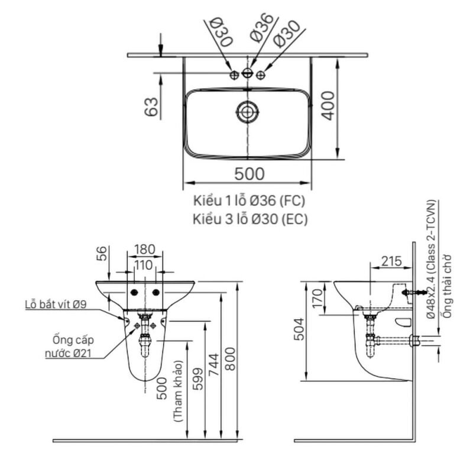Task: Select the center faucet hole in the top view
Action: click(x=247, y=74)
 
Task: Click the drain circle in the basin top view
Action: click(x=247, y=111)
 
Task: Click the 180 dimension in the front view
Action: click(x=145, y=250)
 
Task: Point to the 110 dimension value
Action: click(x=142, y=265)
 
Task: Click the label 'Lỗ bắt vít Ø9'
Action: click(x=56, y=306)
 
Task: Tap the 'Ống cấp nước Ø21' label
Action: click(x=69, y=347)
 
